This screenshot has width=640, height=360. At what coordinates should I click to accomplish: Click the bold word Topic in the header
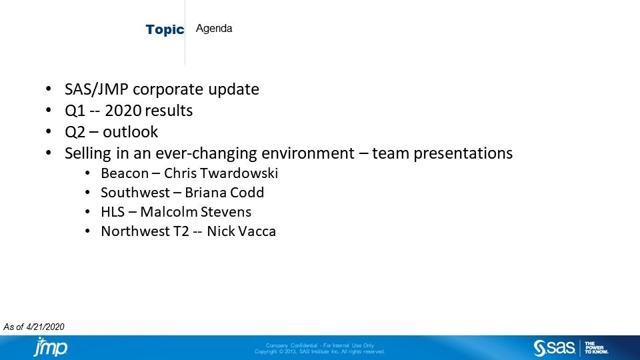click(165, 30)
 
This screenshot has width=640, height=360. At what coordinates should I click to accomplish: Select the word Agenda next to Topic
click(214, 29)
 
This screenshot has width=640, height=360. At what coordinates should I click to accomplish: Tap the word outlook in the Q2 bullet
click(134, 132)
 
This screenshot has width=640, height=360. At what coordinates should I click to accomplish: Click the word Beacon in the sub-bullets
click(125, 173)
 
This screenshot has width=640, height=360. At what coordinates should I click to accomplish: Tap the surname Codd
click(247, 193)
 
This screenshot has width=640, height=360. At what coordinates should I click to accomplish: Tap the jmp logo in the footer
click(51, 347)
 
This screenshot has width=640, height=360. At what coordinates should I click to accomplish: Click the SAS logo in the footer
click(554, 348)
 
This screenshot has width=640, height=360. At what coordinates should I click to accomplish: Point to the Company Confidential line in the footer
click(319, 345)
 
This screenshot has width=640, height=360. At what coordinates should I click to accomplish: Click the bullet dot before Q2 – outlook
click(48, 132)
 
